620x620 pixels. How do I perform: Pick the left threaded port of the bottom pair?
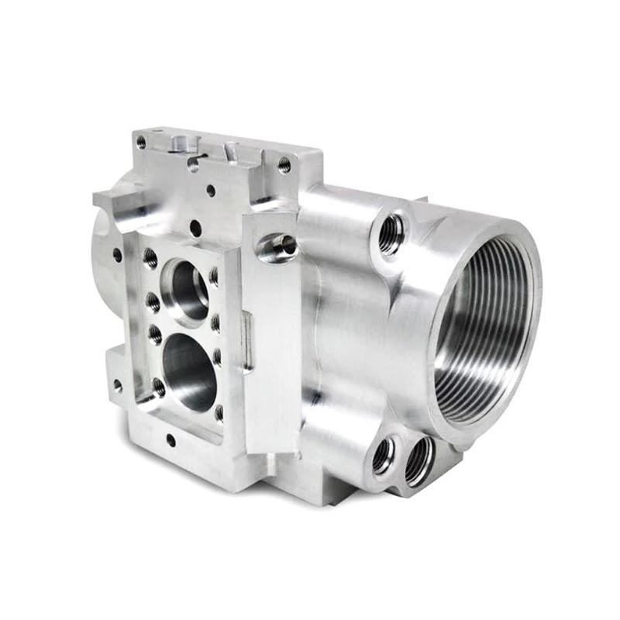(x=384, y=455)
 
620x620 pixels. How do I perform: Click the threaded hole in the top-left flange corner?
(x=141, y=143)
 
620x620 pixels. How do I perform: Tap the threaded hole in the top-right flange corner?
(x=284, y=164)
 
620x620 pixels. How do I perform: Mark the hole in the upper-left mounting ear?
(x=117, y=254)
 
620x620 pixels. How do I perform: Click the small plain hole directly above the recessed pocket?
(x=195, y=228)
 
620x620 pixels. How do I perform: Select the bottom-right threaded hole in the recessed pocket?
(x=219, y=412)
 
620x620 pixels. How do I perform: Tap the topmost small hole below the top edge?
(x=211, y=189)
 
